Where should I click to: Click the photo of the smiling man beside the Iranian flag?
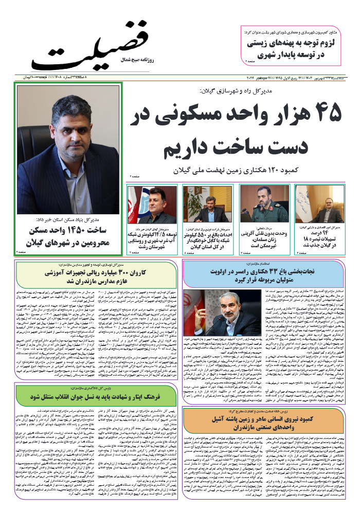click(x=152, y=204)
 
